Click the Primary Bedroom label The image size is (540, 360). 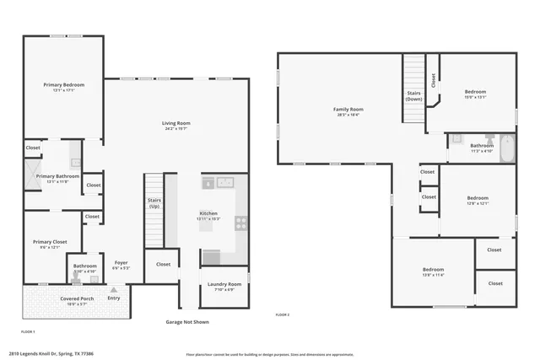click(x=63, y=84)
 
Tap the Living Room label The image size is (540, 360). click(x=175, y=124)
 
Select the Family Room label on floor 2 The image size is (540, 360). click(x=348, y=109)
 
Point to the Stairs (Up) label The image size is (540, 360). click(x=154, y=203)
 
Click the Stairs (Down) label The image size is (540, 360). click(x=413, y=96)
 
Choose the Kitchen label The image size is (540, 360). click(x=208, y=213)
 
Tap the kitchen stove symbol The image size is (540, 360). click(x=240, y=223)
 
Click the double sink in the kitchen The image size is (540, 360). click(x=224, y=181)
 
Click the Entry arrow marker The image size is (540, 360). click(x=113, y=290)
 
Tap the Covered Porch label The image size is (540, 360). click(x=77, y=298)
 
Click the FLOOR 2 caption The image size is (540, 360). click(x=283, y=314)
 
